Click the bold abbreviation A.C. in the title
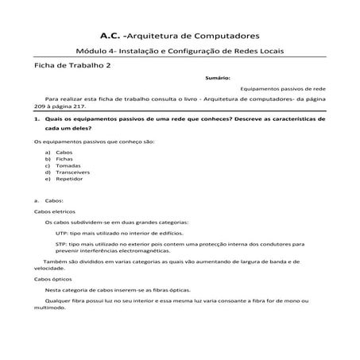(113, 36)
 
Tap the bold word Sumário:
(218, 79)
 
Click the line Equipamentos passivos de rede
(281, 91)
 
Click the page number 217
(90, 105)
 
